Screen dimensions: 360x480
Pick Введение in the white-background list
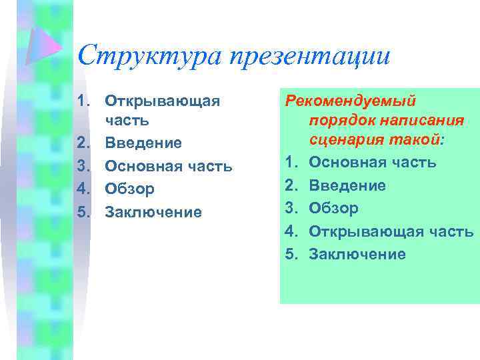tap(143, 143)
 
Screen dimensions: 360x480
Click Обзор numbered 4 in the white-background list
tap(130, 189)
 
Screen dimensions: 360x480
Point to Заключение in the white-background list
tap(153, 212)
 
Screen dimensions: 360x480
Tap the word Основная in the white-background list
tap(137, 166)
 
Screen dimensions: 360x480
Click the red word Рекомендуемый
tap(351, 101)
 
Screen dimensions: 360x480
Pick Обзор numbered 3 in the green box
tap(334, 208)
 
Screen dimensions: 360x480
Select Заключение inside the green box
tap(357, 254)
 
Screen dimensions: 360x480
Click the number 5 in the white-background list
tap(83, 212)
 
